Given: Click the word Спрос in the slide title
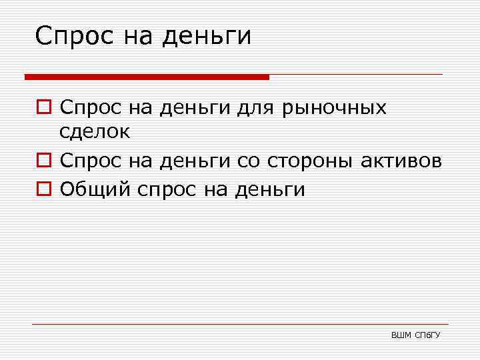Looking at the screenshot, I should coord(75,36).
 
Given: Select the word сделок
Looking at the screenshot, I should coord(95,132).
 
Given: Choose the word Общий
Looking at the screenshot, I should coord(95,190).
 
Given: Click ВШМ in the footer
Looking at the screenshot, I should coord(401,334).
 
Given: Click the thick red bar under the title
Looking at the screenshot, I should coord(147,77).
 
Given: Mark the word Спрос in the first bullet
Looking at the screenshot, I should coord(87,108).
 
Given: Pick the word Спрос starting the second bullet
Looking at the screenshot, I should coord(87,161).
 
